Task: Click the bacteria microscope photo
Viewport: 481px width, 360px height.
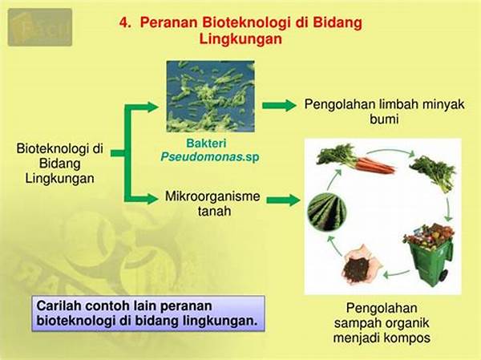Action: click(210, 96)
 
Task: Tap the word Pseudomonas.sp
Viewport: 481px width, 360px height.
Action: click(210, 157)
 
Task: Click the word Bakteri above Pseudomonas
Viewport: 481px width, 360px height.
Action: click(207, 144)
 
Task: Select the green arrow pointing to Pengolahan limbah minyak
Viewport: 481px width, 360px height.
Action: click(279, 105)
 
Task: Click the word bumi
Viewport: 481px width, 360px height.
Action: click(384, 119)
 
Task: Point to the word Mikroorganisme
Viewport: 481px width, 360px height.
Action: click(212, 196)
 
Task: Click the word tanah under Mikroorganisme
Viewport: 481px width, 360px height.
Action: click(214, 211)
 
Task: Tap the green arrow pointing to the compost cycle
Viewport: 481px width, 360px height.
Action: click(283, 200)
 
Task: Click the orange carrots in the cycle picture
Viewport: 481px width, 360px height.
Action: click(375, 165)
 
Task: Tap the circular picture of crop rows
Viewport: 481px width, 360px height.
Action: click(327, 212)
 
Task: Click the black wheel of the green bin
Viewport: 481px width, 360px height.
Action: click(443, 275)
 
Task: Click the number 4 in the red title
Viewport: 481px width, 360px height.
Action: click(123, 23)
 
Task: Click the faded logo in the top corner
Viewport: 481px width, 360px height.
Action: click(40, 27)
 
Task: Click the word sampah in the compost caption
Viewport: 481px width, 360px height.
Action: click(357, 323)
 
